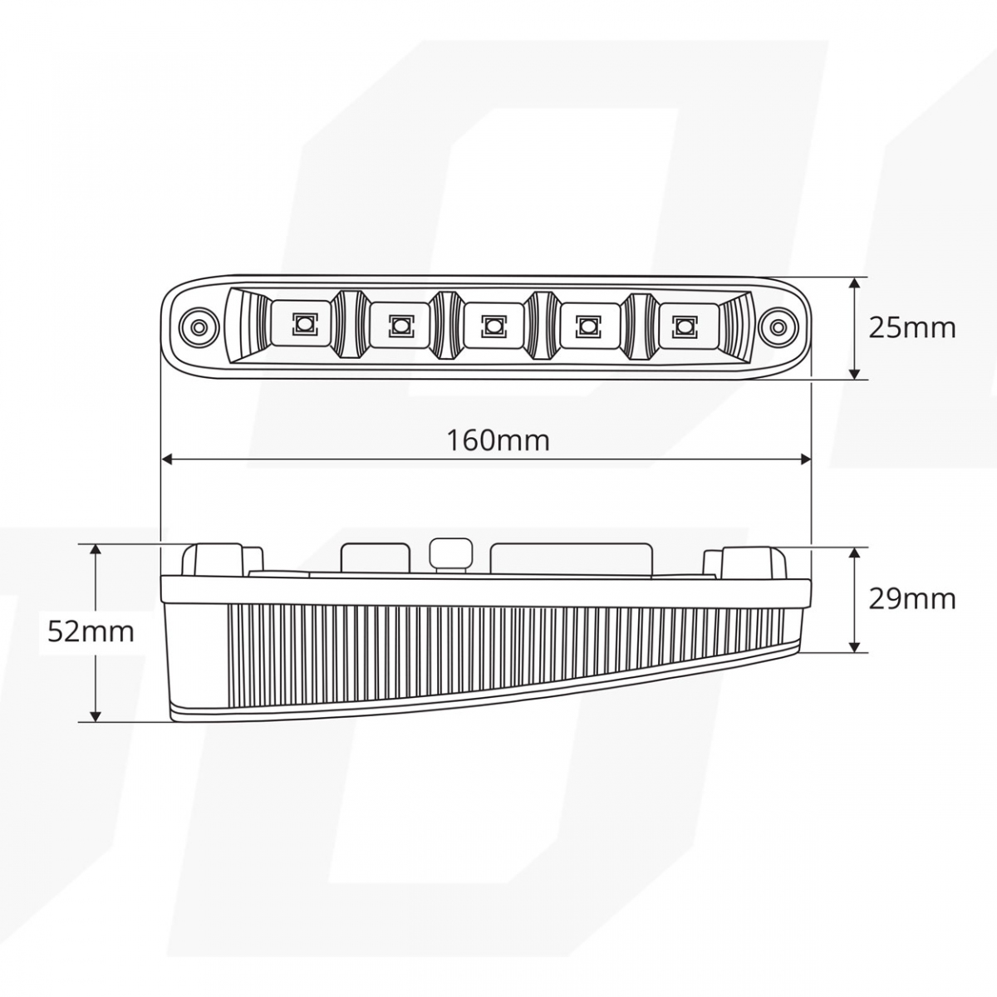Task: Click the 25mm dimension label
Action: (911, 328)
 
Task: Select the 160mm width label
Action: (498, 439)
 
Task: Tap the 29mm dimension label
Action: (911, 598)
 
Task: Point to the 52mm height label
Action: (91, 631)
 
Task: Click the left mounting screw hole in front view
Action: (198, 327)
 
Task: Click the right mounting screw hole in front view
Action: (777, 327)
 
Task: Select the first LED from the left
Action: (301, 323)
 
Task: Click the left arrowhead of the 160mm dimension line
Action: (166, 458)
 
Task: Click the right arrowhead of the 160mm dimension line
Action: (805, 458)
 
